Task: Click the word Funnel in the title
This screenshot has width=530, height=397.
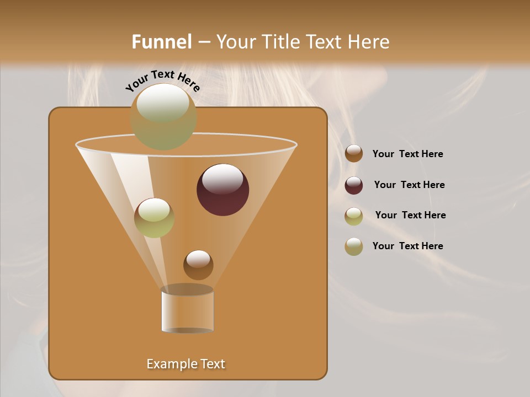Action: point(161,42)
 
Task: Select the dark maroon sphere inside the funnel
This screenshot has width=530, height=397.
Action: point(222,190)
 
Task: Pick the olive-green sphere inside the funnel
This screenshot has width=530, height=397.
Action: point(154,218)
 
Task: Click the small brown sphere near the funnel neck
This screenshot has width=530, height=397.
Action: point(198,265)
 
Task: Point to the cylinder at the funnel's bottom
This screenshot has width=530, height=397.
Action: point(187,312)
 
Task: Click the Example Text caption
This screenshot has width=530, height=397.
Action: point(185,364)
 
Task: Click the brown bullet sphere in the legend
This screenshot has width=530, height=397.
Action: point(354,154)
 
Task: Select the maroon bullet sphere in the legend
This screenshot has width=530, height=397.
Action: point(354,185)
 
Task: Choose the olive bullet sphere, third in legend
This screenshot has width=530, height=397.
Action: point(354,216)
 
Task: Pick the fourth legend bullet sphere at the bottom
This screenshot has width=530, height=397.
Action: point(354,246)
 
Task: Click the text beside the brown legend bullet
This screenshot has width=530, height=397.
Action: point(407,154)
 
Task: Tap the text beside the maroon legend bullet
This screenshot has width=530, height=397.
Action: point(409,185)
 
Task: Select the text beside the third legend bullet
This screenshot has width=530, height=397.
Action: point(410,215)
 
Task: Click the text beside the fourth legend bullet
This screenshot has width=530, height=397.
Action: point(407,246)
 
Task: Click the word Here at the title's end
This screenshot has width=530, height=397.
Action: point(370,42)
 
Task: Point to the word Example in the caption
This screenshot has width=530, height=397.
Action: point(169,364)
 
